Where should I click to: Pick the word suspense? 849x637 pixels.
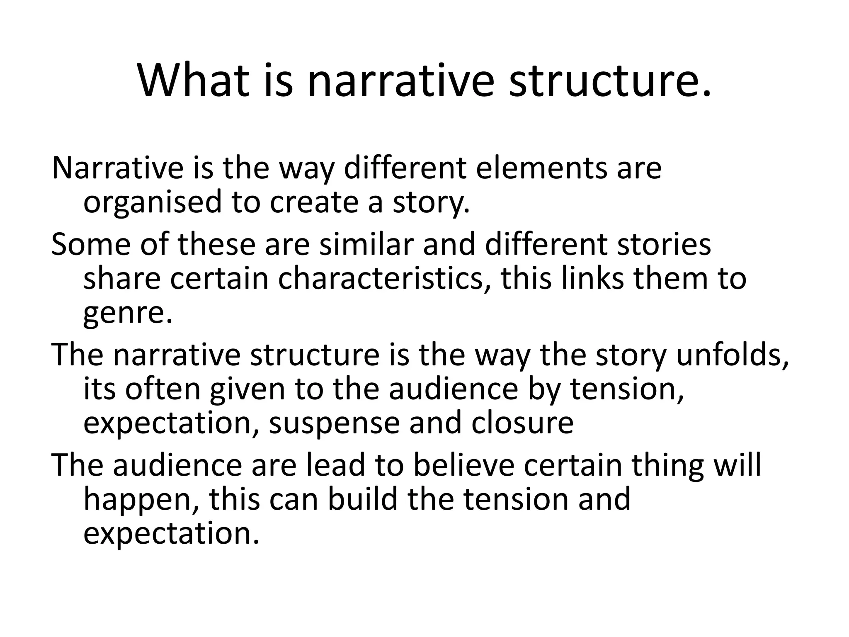pos(335,424)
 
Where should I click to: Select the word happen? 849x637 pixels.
pos(141,501)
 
